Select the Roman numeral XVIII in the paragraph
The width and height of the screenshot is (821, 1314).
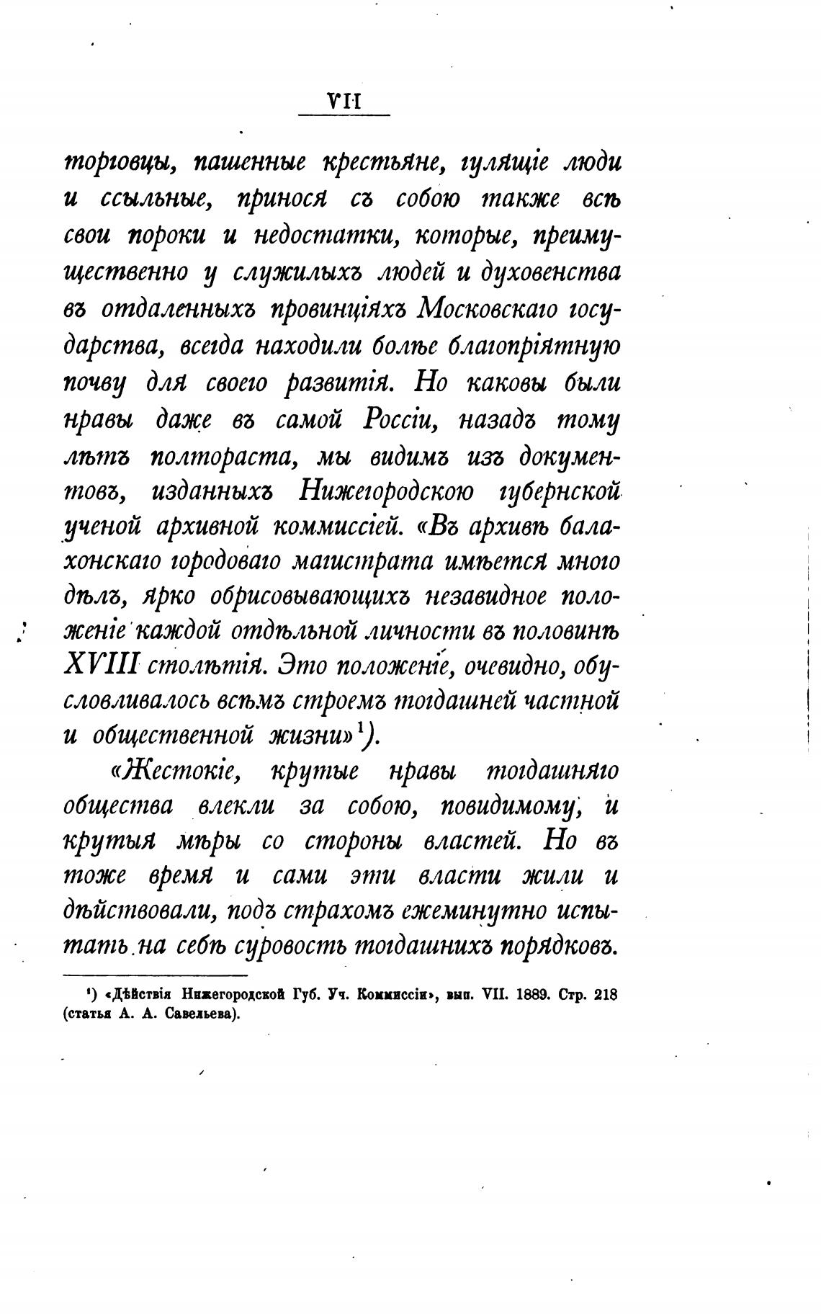(x=100, y=665)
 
